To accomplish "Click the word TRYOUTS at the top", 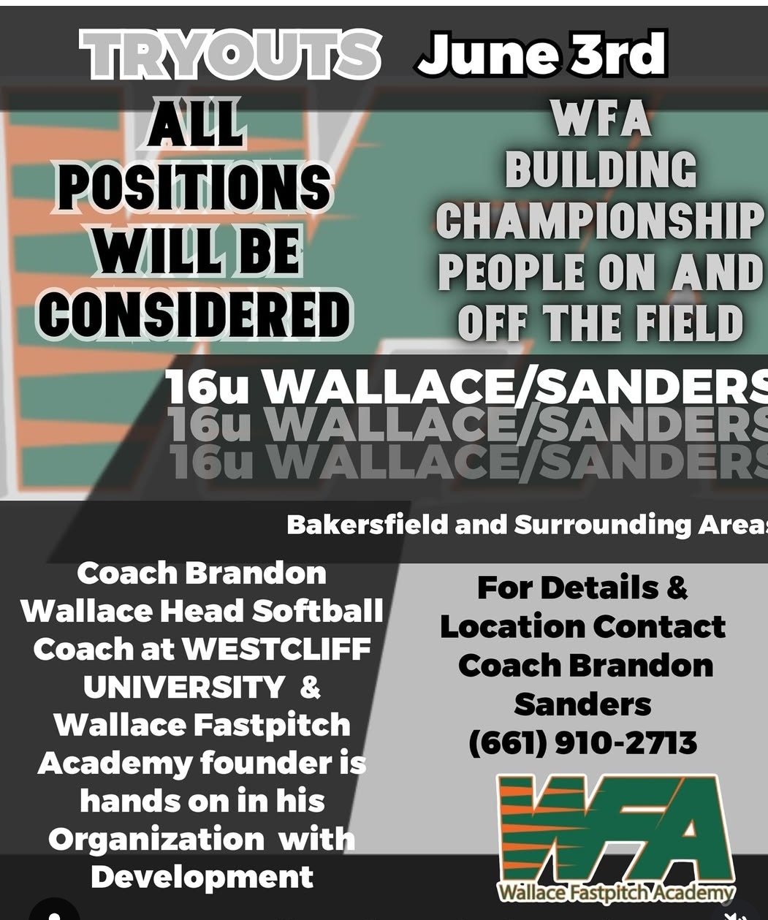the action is (229, 55).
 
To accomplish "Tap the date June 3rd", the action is (541, 53).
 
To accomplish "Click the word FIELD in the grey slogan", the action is (688, 322).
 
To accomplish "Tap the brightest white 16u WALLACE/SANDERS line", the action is (467, 387).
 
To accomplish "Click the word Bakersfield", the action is (367, 525).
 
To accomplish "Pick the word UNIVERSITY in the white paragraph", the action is (184, 687).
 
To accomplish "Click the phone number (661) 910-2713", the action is (583, 743).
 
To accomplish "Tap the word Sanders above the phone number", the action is (582, 704).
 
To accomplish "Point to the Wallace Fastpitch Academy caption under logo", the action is (616, 893).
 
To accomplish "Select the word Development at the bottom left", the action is (202, 878).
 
